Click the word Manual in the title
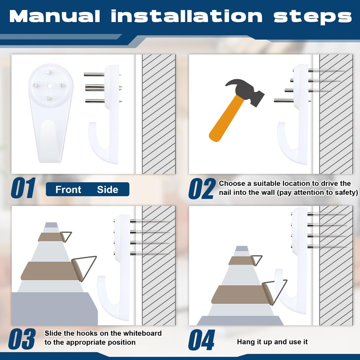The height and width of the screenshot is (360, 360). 54,16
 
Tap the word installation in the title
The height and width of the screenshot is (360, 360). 187,16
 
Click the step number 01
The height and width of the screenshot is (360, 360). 23,188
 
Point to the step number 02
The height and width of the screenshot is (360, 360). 202,189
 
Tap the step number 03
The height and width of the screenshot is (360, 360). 22,339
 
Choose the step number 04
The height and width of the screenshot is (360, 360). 202,340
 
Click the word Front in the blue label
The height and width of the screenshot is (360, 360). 68,189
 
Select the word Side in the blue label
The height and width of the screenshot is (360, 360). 108,189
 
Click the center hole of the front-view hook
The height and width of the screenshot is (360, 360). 49,86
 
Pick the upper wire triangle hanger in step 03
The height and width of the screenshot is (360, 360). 67,236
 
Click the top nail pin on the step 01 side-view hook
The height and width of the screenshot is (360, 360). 94,74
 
